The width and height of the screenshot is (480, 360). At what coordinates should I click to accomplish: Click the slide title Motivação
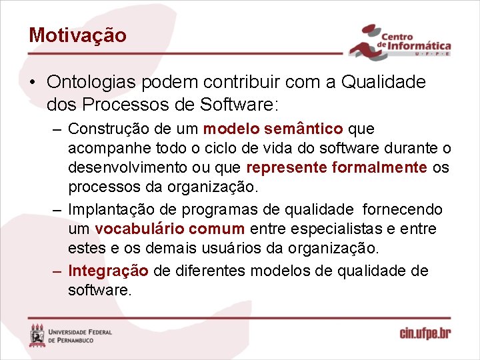coord(77,35)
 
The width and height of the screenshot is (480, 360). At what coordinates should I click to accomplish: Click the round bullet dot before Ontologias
coord(33,83)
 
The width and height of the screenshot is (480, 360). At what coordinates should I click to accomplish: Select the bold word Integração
coord(109,271)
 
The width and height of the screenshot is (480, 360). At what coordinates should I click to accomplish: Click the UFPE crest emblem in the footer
coord(38,335)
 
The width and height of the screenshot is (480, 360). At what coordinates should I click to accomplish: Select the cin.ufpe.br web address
coord(424,333)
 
